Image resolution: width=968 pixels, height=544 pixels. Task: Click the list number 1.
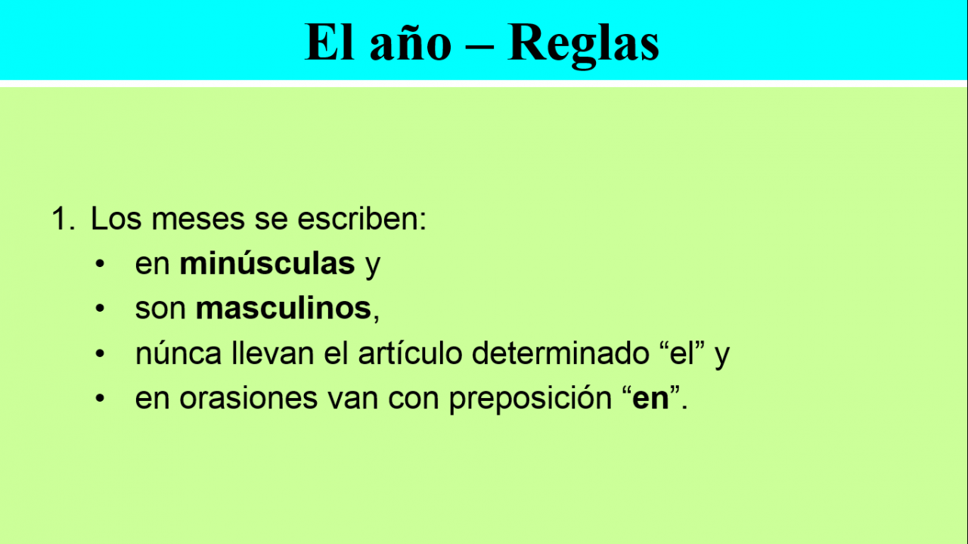pyautogui.click(x=63, y=219)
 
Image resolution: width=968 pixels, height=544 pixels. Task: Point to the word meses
pyautogui.click(x=198, y=219)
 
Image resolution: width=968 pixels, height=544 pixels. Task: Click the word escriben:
pyautogui.click(x=361, y=219)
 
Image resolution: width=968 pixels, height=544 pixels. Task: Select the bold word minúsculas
pyautogui.click(x=267, y=263)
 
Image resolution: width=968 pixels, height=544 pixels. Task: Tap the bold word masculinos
pyautogui.click(x=284, y=309)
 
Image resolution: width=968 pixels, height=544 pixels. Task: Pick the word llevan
pyautogui.click(x=273, y=353)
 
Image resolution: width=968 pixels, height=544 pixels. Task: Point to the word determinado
pyautogui.click(x=560, y=353)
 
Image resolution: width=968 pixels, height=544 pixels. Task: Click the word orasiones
pyautogui.click(x=249, y=398)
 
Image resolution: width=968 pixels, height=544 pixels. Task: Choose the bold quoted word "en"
pyautogui.click(x=651, y=398)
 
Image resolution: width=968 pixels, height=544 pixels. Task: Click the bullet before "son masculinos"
pyautogui.click(x=100, y=309)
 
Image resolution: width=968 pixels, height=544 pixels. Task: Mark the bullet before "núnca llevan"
pyautogui.click(x=100, y=353)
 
